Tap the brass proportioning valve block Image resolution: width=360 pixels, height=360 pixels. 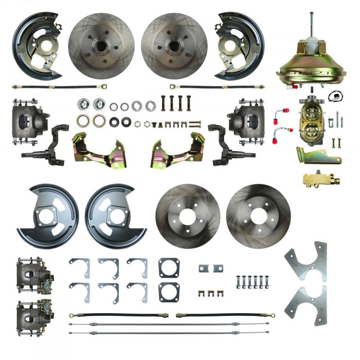pos(316,179)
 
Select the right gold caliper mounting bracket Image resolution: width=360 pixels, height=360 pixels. pos(177,151)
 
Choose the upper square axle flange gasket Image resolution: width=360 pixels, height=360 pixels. pos(169,267)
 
